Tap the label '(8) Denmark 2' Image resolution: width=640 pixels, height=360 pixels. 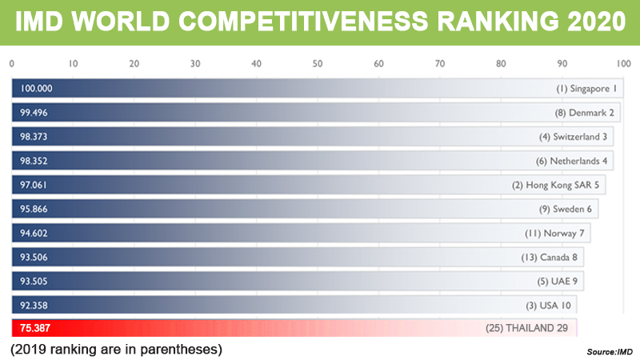tap(585, 113)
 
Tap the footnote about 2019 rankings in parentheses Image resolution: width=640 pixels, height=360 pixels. tap(115, 349)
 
